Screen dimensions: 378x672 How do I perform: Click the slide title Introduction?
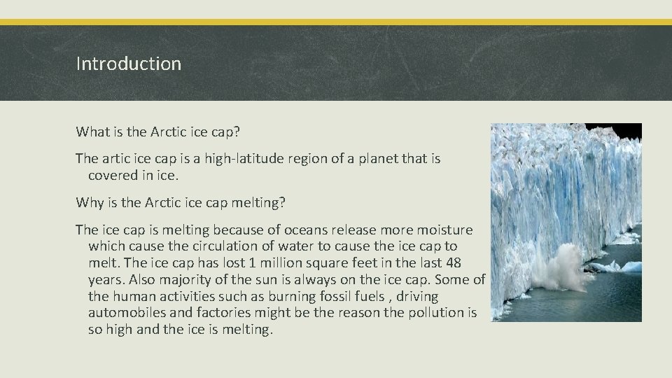pos(128,64)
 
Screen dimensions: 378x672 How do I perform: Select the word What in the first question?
pos(92,132)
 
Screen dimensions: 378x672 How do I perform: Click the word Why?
pos(90,203)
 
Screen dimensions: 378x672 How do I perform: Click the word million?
pos(281,263)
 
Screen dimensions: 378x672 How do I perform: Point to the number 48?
pos(454,263)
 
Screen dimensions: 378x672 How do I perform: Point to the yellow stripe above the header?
pos(336,22)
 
